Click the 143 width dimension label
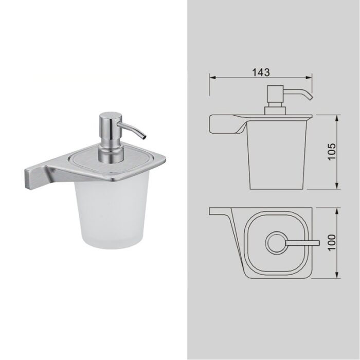point(261,73)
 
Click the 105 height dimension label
point(331,152)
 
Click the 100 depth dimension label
point(331,243)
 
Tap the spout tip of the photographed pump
point(144,137)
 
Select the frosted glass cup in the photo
point(112,213)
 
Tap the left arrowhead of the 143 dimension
point(212,78)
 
